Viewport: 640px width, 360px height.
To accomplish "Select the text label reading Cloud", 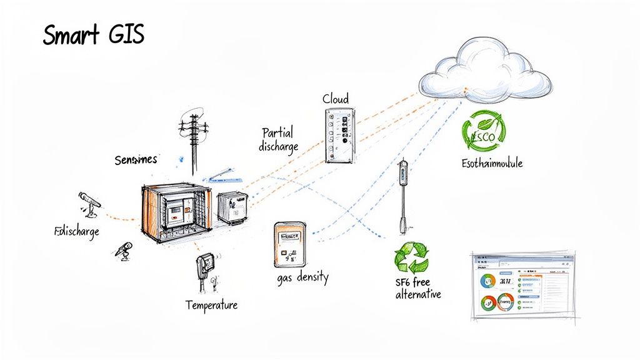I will (x=336, y=99).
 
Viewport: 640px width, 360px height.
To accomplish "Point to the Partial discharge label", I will (x=279, y=139).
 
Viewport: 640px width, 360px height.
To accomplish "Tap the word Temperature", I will (x=211, y=306).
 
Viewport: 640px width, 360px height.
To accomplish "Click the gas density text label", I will (x=302, y=277).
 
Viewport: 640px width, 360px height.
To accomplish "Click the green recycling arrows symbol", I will (x=412, y=257).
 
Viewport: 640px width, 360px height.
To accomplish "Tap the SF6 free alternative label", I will (x=417, y=288).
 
